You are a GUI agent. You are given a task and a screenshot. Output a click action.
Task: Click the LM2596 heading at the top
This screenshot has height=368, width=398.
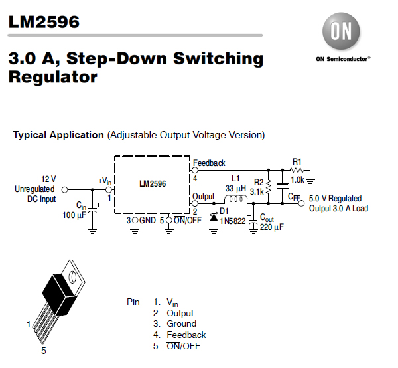[x=44, y=22]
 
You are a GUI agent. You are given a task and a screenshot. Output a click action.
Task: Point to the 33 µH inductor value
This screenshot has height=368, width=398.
[x=235, y=188]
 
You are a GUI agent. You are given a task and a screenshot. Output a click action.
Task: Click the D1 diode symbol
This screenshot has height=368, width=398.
[x=214, y=217]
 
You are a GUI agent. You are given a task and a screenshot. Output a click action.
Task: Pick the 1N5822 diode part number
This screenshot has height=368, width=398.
[x=233, y=222]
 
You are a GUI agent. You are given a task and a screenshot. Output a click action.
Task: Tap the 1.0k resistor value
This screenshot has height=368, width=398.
[x=297, y=179]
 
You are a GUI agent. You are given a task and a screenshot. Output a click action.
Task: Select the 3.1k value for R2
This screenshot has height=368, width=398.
[x=257, y=191]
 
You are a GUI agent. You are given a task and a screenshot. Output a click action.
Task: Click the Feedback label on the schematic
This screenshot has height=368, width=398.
[x=209, y=163]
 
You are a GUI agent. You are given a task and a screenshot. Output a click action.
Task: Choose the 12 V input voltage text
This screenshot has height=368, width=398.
[x=49, y=179]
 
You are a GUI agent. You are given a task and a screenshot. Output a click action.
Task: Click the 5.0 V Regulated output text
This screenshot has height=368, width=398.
[x=336, y=198]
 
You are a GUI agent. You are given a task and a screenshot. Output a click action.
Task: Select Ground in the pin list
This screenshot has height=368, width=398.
[x=181, y=324]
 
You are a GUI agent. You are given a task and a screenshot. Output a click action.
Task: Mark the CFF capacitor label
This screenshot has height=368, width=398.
[x=294, y=197]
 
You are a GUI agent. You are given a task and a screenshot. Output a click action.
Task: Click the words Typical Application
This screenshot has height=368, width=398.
[x=58, y=135]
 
